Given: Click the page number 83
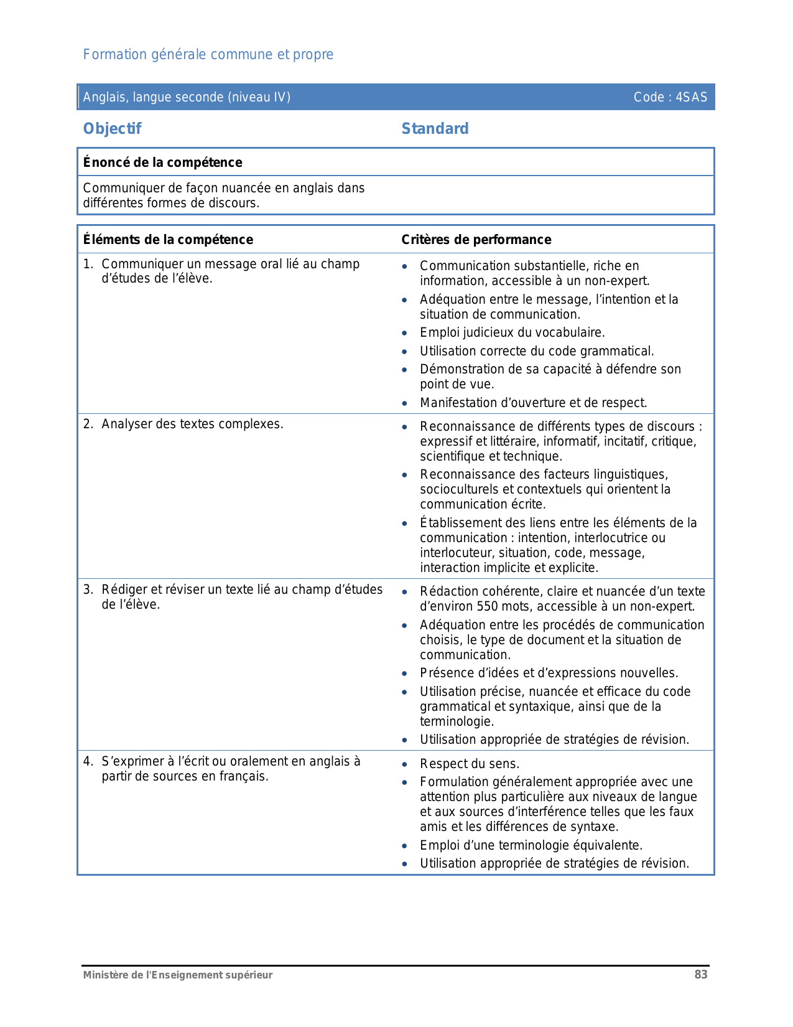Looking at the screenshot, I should click(x=701, y=975).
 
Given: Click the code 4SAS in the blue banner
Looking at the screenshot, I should click(x=692, y=97).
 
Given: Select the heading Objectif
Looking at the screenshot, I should click(x=112, y=129).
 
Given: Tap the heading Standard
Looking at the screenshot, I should click(x=435, y=129).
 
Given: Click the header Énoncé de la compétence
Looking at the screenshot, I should click(x=162, y=162).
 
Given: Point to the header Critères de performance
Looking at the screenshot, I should click(x=476, y=240).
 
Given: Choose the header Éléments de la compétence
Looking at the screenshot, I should click(x=168, y=240).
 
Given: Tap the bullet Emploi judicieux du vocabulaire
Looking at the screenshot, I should click(x=512, y=332).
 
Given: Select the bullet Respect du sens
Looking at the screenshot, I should click(x=469, y=764).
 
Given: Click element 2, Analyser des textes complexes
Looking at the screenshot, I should click(x=192, y=424).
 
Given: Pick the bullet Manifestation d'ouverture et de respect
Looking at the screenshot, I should click(x=533, y=403).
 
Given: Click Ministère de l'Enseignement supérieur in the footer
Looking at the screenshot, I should click(x=178, y=975).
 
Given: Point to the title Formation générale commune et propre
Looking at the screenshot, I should click(x=208, y=55).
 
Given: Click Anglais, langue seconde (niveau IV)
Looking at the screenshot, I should click(x=187, y=97).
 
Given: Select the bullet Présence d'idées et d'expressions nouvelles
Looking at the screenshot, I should click(x=549, y=673).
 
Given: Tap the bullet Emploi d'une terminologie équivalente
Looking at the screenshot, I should click(x=531, y=845).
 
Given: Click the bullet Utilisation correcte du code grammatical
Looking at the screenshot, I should click(x=536, y=351).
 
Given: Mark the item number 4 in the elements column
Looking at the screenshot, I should click(x=88, y=761).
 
